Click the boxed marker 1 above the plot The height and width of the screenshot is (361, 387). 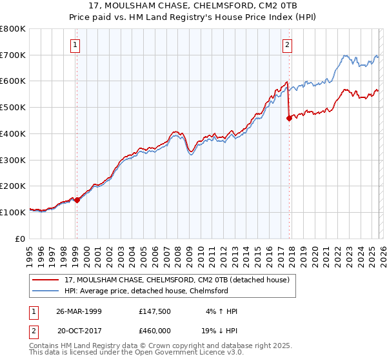click(x=76, y=44)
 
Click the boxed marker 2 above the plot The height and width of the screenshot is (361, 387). click(x=287, y=44)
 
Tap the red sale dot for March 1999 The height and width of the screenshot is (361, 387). click(x=77, y=200)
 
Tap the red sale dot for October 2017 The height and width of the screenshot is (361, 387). click(x=289, y=118)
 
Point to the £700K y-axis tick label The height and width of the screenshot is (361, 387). click(x=13, y=55)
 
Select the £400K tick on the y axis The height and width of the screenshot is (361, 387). click(x=13, y=133)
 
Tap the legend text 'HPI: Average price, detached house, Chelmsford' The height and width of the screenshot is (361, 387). click(x=146, y=291)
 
